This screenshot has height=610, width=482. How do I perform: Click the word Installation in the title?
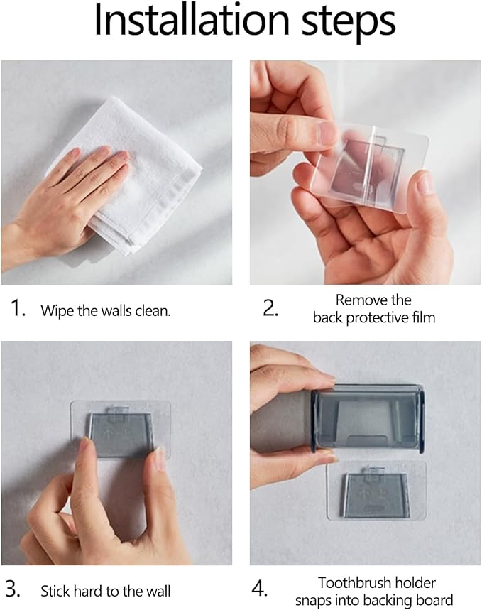[192, 20]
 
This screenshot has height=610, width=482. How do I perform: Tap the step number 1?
[18, 308]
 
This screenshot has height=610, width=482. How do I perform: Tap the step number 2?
[270, 308]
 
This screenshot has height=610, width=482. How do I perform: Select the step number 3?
[13, 589]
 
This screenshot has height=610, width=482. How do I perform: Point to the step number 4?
[260, 589]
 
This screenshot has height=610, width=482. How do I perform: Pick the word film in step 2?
[425, 317]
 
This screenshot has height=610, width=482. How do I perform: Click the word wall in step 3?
[158, 592]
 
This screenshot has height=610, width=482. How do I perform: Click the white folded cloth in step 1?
[128, 175]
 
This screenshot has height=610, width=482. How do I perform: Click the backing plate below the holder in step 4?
[376, 491]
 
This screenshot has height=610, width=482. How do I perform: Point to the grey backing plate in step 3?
[120, 434]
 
